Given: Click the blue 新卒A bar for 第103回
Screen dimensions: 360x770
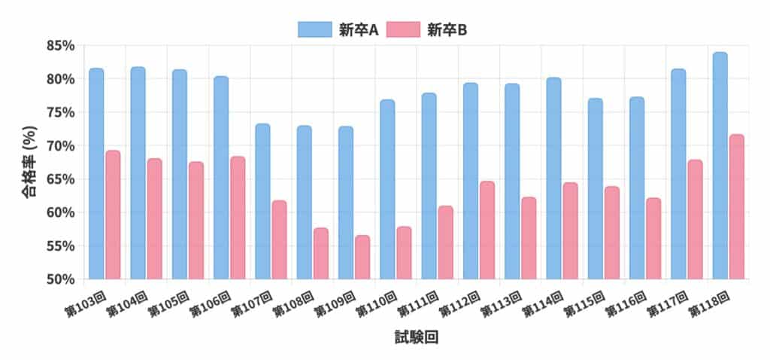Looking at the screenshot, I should point(96,173).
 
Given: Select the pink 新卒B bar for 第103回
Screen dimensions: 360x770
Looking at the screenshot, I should point(113,215).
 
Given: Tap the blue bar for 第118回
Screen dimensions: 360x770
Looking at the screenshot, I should point(720,166).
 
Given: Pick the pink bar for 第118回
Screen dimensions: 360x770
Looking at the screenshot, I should point(736,207).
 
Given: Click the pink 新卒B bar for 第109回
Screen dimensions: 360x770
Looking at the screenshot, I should point(362,257).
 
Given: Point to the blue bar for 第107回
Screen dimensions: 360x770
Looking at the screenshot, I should point(262,201).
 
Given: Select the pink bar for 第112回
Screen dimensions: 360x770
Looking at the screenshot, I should point(487,230).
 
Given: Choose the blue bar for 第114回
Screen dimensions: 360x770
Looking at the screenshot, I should point(553,178).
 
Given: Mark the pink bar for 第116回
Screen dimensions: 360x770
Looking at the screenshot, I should point(653,238).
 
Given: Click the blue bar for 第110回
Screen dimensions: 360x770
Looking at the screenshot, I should point(387,189).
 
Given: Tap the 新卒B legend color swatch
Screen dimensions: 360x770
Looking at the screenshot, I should point(403,29).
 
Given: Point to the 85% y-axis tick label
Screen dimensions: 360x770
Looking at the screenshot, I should point(59,46).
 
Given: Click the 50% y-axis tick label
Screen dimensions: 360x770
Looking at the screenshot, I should point(59,279).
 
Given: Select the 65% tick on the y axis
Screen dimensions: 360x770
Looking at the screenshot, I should point(59,179).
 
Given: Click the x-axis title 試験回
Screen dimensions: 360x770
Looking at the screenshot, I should point(416,338).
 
